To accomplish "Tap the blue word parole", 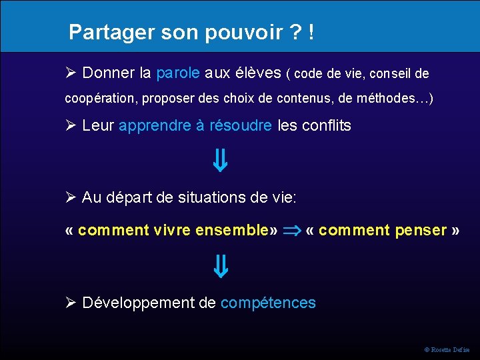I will pos(178,73).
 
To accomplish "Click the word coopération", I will pos(99,99).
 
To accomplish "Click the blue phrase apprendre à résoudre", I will pos(195,125).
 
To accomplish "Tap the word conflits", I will pos(327,125).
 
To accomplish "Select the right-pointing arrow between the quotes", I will pos(292,231).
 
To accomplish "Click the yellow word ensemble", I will pos(231,231).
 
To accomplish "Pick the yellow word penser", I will pos(421,231).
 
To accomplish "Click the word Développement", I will pos(139,303).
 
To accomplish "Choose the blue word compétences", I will pos(268,303).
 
